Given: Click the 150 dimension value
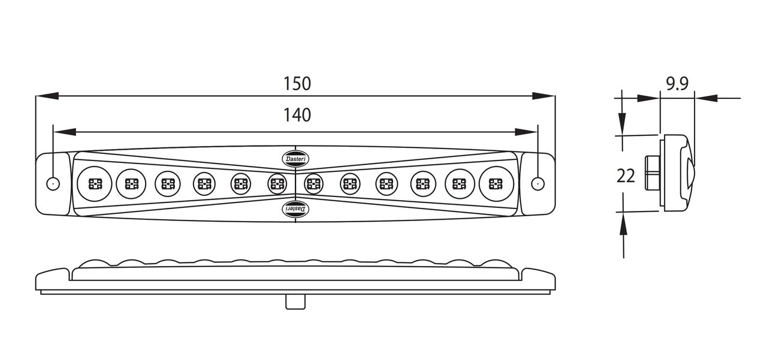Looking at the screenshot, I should pyautogui.click(x=297, y=84).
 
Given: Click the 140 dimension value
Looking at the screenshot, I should pyautogui.click(x=297, y=114).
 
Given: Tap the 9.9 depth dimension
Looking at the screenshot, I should pyautogui.click(x=676, y=84).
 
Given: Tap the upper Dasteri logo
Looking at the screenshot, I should pyautogui.click(x=295, y=158).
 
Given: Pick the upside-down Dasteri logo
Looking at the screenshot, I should pyautogui.click(x=295, y=207).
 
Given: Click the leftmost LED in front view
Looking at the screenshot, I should pyautogui.click(x=95, y=183).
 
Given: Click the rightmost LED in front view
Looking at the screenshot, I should pyautogui.click(x=495, y=183).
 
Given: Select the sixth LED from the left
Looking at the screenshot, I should pyautogui.click(x=276, y=183).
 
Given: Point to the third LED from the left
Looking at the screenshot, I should pyautogui.click(x=168, y=183).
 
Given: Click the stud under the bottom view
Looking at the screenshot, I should pyautogui.click(x=294, y=302).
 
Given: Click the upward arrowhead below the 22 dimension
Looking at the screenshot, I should pyautogui.click(x=624, y=224).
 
